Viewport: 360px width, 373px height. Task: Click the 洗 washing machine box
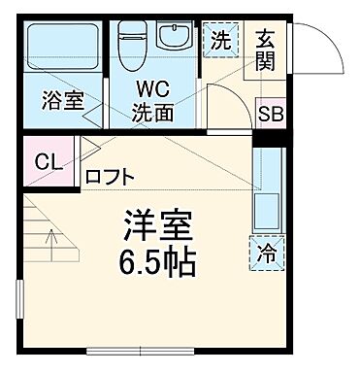[x=220, y=41]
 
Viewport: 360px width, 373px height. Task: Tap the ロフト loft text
[x=111, y=177]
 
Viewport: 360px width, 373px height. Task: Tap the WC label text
[x=155, y=90]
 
